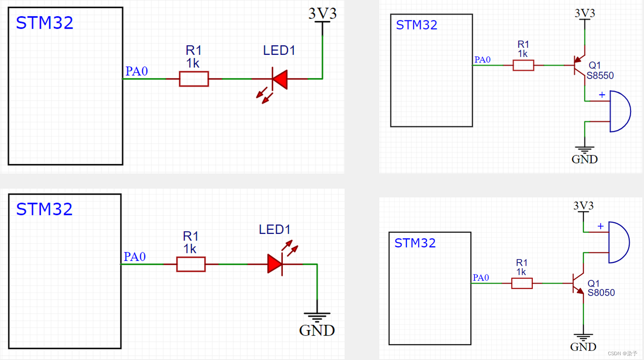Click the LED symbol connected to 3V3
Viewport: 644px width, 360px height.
[279, 79]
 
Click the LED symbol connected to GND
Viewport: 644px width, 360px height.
[276, 264]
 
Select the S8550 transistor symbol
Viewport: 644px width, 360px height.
[580, 66]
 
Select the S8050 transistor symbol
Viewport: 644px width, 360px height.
[578, 284]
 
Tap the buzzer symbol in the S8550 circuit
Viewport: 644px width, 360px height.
[619, 111]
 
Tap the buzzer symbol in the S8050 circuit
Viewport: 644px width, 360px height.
[618, 243]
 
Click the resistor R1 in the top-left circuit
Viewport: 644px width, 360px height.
[194, 79]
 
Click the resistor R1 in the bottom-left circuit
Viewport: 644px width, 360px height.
[191, 264]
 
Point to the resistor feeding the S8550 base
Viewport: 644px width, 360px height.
[523, 66]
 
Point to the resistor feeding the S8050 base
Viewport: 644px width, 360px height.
[522, 283]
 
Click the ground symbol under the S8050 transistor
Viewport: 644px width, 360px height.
[583, 337]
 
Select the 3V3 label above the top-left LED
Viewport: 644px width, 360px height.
[322, 13]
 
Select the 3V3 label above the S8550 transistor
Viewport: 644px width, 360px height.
[584, 13]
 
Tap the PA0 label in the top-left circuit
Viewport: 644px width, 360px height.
[136, 71]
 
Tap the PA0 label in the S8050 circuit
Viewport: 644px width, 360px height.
[481, 278]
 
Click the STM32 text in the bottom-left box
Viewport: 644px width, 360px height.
[44, 210]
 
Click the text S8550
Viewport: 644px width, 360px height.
[600, 76]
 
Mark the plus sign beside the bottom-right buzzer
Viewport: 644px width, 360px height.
[601, 226]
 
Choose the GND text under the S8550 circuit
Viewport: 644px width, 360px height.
[584, 160]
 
